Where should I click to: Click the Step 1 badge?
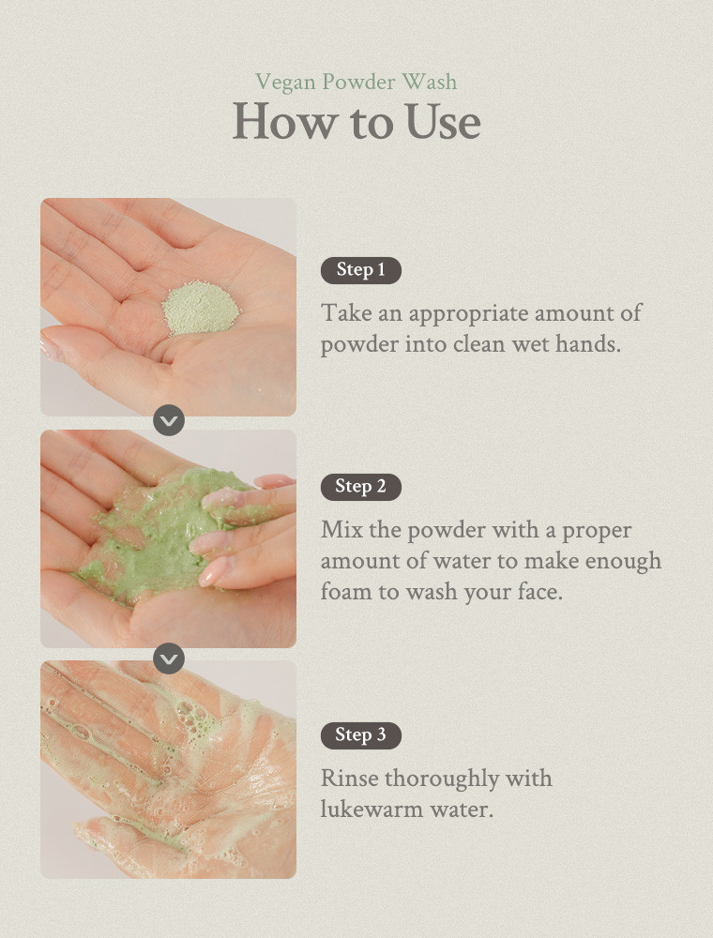pyautogui.click(x=360, y=270)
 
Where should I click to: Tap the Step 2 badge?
pyautogui.click(x=360, y=486)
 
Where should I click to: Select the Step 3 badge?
pyautogui.click(x=360, y=735)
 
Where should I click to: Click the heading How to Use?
pyautogui.click(x=356, y=122)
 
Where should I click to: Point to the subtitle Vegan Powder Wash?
pyautogui.click(x=356, y=82)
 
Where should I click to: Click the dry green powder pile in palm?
pyautogui.click(x=201, y=308)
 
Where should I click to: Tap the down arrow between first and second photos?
pyautogui.click(x=169, y=420)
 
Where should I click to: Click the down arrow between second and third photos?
pyautogui.click(x=169, y=658)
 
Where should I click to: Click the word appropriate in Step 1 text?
pyautogui.click(x=468, y=314)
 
